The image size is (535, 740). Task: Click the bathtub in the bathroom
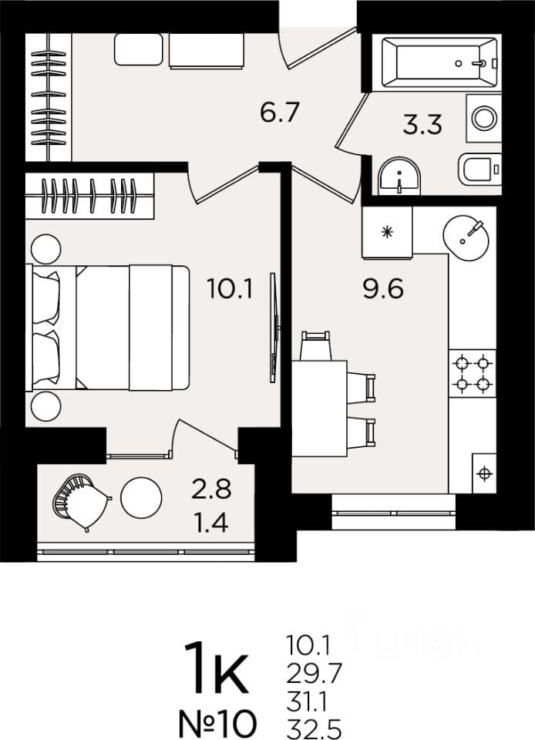coord(439,62)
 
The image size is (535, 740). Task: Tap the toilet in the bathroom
coord(479,170)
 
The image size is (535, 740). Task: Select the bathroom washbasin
coord(399,176)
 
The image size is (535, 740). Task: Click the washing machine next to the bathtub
coord(484,118)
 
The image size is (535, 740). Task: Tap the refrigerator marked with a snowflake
coord(387,232)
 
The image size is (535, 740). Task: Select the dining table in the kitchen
coord(319,409)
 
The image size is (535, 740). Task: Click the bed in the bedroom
coord(109,328)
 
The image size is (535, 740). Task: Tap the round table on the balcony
coord(141,497)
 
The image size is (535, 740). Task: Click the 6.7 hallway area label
coord(280,113)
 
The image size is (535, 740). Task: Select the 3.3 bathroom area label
coord(422,125)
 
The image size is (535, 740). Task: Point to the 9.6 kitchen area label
coord(383,288)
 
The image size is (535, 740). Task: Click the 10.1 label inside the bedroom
coord(230,288)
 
